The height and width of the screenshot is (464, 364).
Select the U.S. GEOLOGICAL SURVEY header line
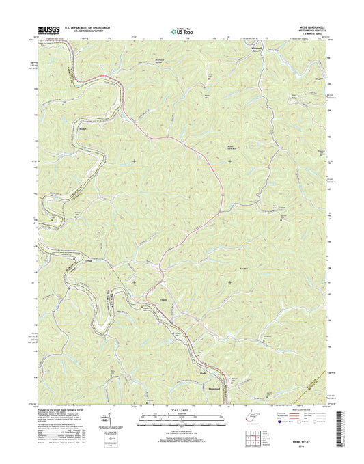(x=83, y=32)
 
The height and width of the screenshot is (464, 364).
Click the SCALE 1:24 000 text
(x=180, y=410)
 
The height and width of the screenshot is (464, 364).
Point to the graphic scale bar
(x=180, y=416)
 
